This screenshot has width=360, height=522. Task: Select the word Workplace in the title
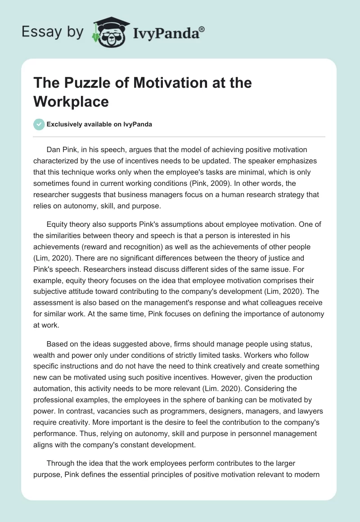(71, 101)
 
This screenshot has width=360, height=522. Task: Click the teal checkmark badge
(39, 124)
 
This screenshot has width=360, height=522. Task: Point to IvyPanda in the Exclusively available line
(138, 124)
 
